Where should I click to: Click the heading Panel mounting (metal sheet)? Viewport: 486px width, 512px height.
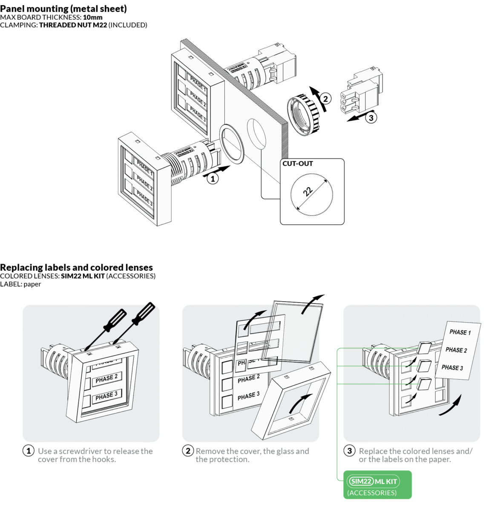pos(63,9)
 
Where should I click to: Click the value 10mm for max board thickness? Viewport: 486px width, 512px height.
pos(92,17)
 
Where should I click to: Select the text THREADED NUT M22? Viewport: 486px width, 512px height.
pos(73,25)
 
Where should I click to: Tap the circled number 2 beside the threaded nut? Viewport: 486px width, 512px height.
pos(325,99)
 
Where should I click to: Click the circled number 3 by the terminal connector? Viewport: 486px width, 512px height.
pos(371,118)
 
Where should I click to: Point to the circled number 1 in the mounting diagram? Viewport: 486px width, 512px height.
pos(213,179)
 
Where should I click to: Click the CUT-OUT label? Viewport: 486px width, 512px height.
pos(298,164)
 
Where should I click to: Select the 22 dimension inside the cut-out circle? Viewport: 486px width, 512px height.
pos(308,191)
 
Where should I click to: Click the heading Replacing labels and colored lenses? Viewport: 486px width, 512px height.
pos(76,268)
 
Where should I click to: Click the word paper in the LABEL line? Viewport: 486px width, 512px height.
pos(32,284)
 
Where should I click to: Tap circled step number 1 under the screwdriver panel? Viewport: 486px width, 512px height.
pos(28,451)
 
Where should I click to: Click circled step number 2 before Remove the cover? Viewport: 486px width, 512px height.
pos(188,451)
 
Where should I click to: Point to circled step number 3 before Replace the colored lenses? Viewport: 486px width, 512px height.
pos(349,451)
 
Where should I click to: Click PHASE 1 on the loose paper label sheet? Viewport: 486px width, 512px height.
pos(460,332)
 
